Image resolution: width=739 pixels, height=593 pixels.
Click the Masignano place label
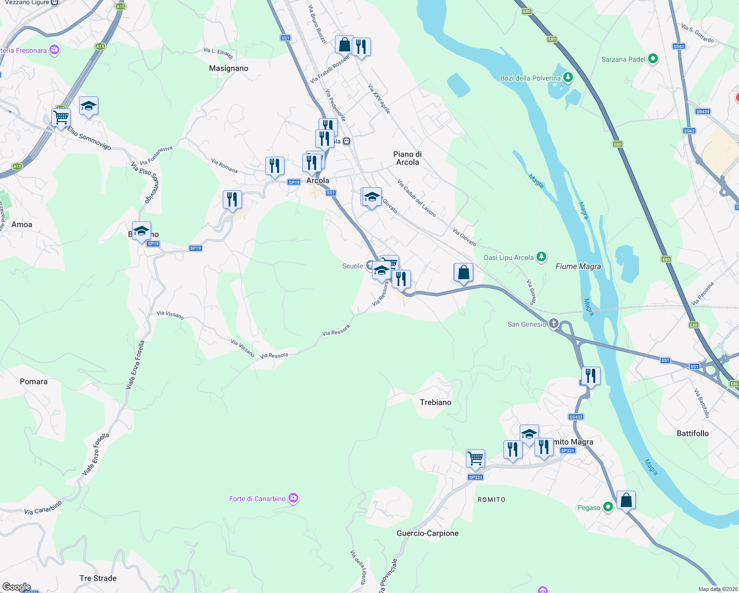click(228, 68)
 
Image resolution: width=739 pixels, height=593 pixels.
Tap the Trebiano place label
click(435, 402)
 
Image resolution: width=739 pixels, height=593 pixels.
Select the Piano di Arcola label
click(408, 158)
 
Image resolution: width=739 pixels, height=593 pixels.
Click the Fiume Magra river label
click(578, 266)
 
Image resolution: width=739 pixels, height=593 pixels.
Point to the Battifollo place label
click(693, 433)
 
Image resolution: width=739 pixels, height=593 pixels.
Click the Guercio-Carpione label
click(427, 533)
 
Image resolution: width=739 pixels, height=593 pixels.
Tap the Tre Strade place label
click(98, 578)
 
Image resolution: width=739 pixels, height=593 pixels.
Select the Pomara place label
click(34, 381)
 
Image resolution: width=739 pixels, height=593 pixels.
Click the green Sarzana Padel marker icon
click(653, 59)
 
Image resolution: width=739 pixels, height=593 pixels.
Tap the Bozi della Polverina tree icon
click(568, 78)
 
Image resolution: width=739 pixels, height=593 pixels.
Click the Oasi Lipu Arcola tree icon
click(541, 257)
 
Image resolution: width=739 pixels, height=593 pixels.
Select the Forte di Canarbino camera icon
click(293, 498)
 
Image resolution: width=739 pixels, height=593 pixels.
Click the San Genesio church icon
click(553, 324)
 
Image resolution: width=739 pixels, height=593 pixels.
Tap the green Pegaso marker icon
click(608, 507)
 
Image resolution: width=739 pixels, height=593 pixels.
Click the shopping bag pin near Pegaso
click(626, 501)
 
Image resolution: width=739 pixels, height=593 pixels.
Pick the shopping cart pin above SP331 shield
click(475, 459)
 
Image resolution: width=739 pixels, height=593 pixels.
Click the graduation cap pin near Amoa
click(141, 231)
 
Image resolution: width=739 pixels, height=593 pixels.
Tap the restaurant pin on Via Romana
click(275, 166)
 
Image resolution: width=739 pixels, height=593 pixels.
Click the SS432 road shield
click(575, 417)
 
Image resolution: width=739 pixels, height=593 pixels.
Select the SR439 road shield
click(702, 112)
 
